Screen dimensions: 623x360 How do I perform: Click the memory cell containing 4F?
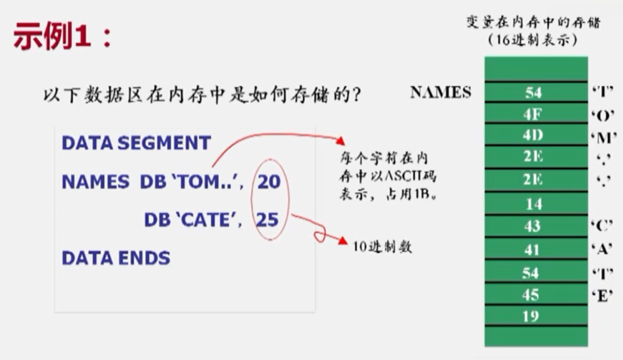536,114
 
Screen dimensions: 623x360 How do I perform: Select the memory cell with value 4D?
536,135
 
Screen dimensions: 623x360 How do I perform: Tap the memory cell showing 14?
536,204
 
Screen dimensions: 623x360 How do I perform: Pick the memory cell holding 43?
536,226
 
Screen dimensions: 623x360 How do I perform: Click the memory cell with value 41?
536,249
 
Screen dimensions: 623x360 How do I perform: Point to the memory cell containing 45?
536,294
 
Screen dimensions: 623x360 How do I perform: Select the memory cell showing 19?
536,315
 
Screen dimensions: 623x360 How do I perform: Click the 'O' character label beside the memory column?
603,116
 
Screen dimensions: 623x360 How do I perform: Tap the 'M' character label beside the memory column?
604,138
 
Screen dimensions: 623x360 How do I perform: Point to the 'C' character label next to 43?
602,226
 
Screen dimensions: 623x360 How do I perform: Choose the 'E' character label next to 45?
602,295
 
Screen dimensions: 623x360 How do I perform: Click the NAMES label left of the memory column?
441,92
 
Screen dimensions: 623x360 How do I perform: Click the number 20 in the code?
269,182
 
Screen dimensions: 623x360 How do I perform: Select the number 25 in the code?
267,219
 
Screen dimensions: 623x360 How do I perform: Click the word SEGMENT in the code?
164,143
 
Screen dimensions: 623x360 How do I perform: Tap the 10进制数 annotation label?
382,246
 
